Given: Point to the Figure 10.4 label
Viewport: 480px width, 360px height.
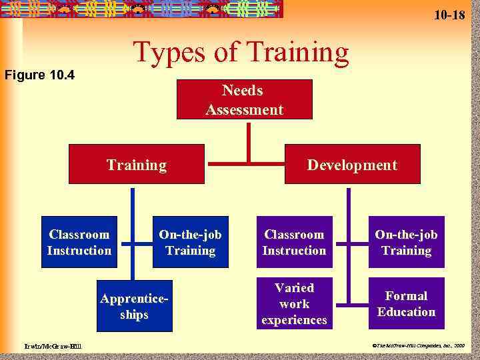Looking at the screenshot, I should (39, 74).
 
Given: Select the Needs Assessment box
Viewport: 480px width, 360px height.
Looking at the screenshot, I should (244, 99).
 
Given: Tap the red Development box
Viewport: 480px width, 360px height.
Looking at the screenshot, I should (352, 165).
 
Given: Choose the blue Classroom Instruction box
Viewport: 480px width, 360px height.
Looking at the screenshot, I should (79, 242).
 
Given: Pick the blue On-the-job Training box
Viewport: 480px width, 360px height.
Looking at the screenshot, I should (190, 242).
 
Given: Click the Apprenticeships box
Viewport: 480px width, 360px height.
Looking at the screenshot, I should (134, 306).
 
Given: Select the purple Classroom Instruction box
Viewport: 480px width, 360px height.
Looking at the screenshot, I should (294, 242).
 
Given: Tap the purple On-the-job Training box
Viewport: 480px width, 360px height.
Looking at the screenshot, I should (406, 242).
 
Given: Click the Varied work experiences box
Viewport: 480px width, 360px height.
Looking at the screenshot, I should (294, 304).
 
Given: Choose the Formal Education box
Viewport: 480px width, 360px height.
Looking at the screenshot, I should (406, 304).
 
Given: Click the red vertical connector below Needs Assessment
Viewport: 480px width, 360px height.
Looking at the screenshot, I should (248, 140).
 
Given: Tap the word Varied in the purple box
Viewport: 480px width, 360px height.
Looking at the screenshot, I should (294, 288).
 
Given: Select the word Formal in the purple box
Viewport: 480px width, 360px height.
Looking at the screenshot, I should (406, 296).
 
